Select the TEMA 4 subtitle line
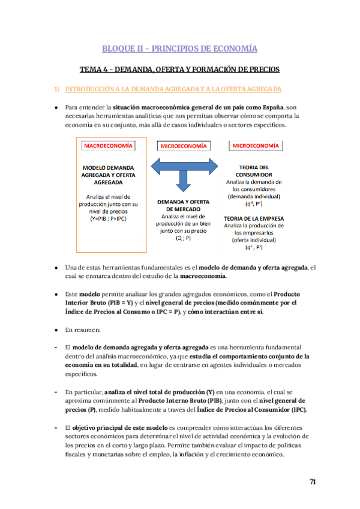pyautogui.click(x=179, y=70)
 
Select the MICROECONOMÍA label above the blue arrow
pyautogui.click(x=184, y=146)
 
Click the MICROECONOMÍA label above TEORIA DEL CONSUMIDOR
pyautogui.click(x=255, y=145)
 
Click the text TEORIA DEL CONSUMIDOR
pyautogui.click(x=255, y=170)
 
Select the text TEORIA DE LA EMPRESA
pyautogui.click(x=254, y=218)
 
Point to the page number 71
pyautogui.click(x=313, y=482)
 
